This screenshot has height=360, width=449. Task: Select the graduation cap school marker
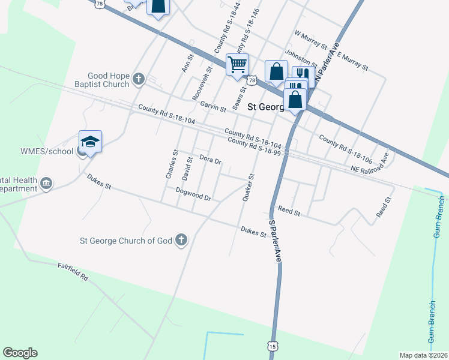click(x=90, y=142)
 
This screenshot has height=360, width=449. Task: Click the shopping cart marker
click(x=238, y=64)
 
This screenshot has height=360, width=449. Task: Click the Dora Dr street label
click(x=210, y=160)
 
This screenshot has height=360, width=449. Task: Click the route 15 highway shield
click(x=273, y=346)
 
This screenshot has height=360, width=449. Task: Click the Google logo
click(x=20, y=353)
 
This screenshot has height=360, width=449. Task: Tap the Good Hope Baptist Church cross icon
click(x=139, y=78)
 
